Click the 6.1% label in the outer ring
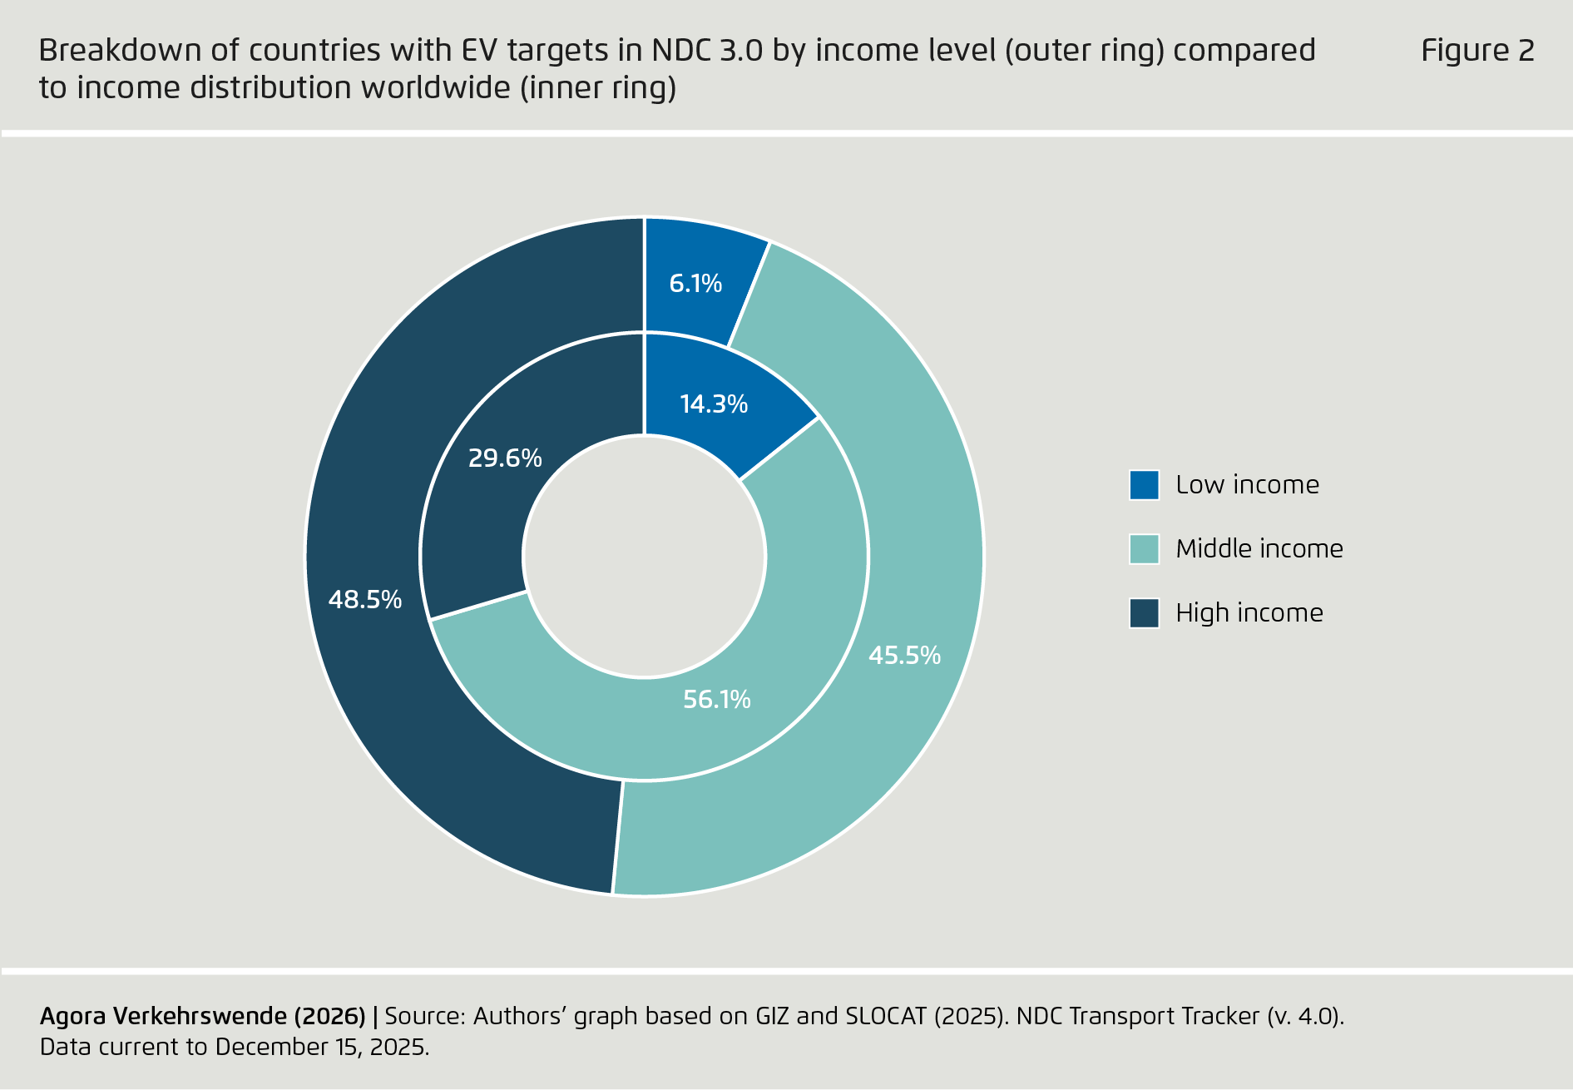[x=695, y=284]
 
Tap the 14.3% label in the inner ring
[x=714, y=404]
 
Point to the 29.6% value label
[x=505, y=458]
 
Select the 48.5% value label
[x=365, y=600]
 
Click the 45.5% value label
[x=904, y=656]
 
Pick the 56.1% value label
[x=716, y=700]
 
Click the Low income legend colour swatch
[x=1144, y=485]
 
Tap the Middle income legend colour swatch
[x=1144, y=549]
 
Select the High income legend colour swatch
[x=1144, y=613]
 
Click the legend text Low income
[x=1247, y=485]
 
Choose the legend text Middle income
[x=1259, y=549]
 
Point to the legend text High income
[x=1249, y=613]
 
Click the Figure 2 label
[x=1477, y=51]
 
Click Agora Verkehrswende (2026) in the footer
[x=202, y=1016]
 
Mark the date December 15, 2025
[x=322, y=1047]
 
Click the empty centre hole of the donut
[x=645, y=557]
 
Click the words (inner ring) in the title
[x=598, y=87]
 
